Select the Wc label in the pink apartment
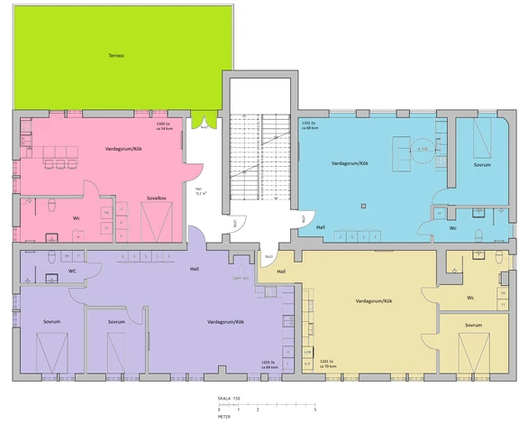[77, 217]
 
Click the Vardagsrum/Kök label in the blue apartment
[350, 163]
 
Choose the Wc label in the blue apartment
[452, 228]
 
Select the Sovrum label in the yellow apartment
[473, 325]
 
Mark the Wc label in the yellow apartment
[470, 298]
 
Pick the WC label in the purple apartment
[71, 271]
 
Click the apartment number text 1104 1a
[163, 123]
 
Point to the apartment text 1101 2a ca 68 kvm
[312, 125]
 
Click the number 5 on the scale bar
[314, 410]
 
